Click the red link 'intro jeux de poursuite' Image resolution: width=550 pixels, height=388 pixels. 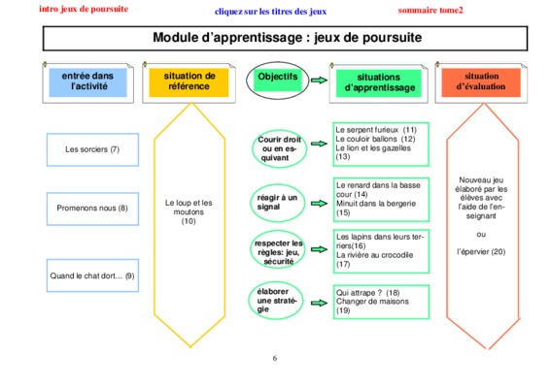pos(84,9)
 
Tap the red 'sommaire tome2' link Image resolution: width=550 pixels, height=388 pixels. pos(430,10)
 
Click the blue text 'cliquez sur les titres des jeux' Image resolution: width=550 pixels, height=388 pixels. pos(270,12)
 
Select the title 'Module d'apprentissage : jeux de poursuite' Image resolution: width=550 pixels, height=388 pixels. pos(288,37)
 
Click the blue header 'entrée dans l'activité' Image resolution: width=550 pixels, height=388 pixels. pos(87,82)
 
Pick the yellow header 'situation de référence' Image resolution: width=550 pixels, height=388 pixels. pos(189,82)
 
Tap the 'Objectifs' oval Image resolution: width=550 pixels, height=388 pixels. pos(278,81)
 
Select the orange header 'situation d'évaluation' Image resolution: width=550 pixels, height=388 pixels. pos(481,82)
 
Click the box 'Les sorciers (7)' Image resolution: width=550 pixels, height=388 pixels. pos(92,149)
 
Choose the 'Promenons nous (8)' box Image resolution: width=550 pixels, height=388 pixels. pos(92,209)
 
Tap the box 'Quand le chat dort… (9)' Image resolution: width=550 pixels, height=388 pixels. pos(92,275)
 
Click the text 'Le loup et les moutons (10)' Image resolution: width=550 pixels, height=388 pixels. pos(189,211)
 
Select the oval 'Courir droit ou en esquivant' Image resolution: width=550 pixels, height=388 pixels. pos(279,148)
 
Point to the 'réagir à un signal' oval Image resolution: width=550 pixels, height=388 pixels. pos(278,203)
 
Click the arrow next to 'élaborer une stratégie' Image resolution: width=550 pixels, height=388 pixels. pos(319,303)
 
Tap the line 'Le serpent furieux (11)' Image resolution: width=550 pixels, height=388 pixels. pos(376,130)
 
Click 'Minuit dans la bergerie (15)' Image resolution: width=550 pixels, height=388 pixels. pos(376,208)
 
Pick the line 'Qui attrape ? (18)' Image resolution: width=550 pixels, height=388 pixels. pos(368,293)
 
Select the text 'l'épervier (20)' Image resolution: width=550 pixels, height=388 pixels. pos(481,252)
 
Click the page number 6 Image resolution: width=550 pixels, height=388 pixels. pos(275,358)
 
